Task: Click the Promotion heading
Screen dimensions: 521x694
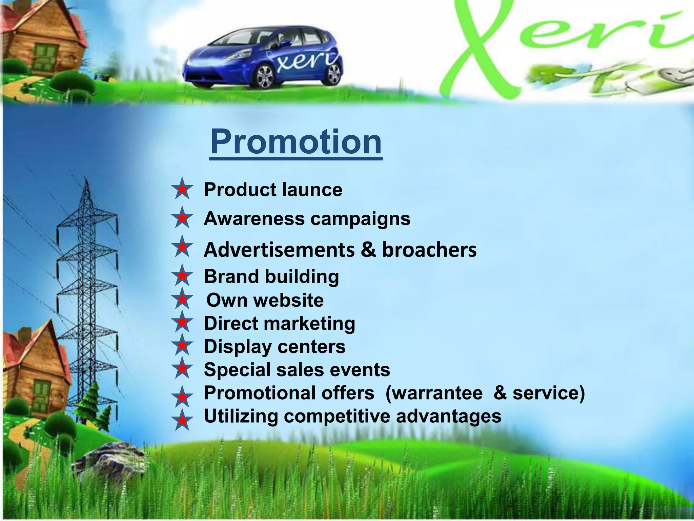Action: [x=296, y=141]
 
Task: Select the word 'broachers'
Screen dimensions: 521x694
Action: [x=429, y=250]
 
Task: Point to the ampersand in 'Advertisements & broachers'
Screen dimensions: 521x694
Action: [x=368, y=250]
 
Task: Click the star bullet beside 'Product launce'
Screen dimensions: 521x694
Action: [x=182, y=189]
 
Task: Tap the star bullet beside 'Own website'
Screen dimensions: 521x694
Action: [x=182, y=299]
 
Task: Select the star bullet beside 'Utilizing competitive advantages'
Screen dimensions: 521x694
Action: [x=182, y=420]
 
